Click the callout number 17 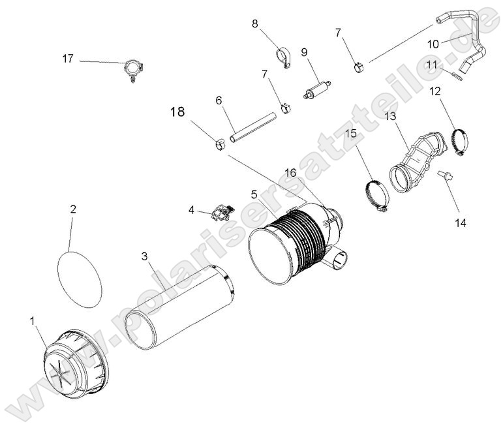click(x=68, y=59)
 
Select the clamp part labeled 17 click(x=133, y=68)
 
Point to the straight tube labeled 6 click(x=251, y=129)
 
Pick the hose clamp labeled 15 click(x=376, y=195)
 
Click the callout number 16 click(x=290, y=172)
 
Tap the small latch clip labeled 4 click(x=221, y=211)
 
